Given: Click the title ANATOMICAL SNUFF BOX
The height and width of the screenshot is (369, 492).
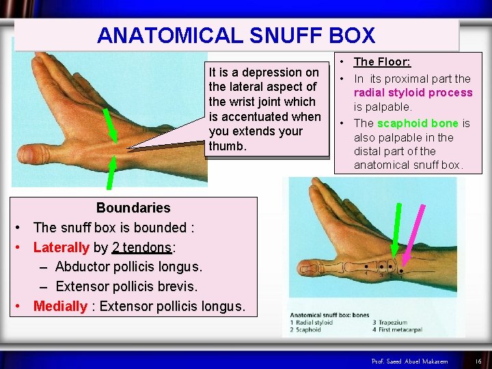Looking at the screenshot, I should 236,35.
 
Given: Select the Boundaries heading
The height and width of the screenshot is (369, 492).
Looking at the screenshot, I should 133,208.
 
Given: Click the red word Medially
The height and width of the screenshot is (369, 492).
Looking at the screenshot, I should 60,306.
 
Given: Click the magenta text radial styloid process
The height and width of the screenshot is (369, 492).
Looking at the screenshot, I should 413,93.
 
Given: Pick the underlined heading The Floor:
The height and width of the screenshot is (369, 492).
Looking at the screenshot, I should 382,62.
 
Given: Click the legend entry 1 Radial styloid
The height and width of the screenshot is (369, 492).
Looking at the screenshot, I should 312,323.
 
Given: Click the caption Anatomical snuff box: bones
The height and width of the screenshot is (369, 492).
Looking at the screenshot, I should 329,315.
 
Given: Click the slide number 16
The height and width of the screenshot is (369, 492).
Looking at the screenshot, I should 478,360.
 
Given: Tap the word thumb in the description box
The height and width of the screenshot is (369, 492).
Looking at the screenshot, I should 226,146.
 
